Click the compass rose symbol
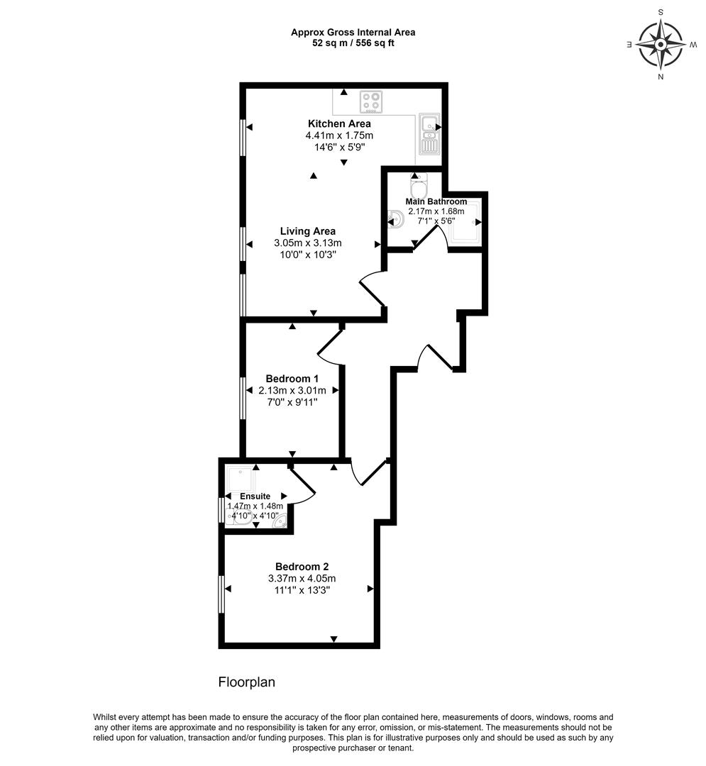point(660,44)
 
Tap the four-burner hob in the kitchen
point(370,102)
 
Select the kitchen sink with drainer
point(429,134)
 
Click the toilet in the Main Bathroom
point(419,187)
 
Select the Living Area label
point(307,231)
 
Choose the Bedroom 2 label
point(302,567)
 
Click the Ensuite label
point(255,496)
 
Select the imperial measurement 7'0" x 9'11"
point(292,402)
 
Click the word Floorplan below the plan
point(246,682)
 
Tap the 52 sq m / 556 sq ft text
point(353,43)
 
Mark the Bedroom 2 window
point(221,594)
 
